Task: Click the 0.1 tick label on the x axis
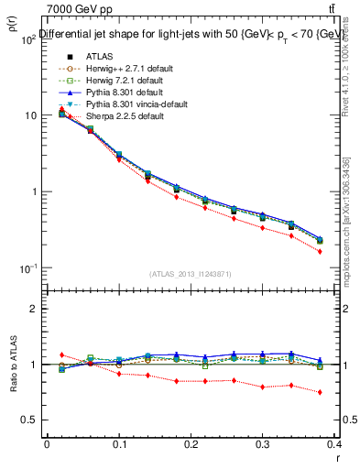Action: pos(119,443)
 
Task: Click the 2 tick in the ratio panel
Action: pos(36,309)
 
